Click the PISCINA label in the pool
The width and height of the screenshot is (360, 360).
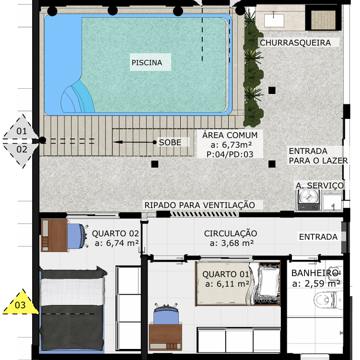coord(147,62)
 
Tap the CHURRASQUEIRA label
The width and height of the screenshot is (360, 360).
coord(295,43)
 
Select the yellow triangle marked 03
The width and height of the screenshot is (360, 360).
coord(21,302)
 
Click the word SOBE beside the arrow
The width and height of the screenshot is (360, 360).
coord(170,142)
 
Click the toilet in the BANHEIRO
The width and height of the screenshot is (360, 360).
coord(328,300)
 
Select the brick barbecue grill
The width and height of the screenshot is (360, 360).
coord(323,20)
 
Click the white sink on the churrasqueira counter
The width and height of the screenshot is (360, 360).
coord(274,21)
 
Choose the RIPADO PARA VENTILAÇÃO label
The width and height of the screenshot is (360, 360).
coord(199,205)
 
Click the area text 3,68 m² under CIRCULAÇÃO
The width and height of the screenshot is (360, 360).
coord(232,243)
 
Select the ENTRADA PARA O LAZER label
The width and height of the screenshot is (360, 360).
coord(318,156)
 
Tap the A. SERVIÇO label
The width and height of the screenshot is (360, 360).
coord(320,186)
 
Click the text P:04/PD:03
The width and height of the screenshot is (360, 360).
coord(230,154)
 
